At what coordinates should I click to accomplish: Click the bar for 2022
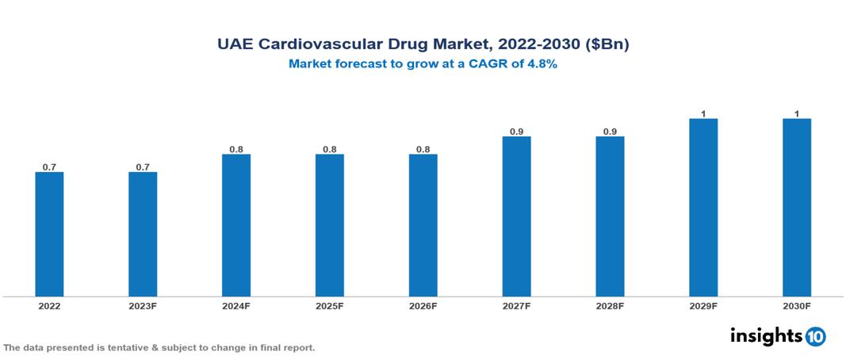pos(49,234)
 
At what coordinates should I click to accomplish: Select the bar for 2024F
pos(236,225)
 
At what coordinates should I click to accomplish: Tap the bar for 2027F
pos(517,216)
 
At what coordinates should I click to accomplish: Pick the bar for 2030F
pos(797,208)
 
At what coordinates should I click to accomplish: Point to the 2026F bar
pos(423,225)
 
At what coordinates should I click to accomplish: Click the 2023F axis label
pos(143,305)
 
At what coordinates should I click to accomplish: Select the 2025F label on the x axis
pos(330,305)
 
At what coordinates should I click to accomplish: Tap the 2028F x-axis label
pos(611,305)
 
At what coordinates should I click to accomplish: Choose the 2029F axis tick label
pos(703,305)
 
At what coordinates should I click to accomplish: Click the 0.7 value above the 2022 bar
pos(49,167)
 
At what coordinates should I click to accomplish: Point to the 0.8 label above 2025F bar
pos(330,149)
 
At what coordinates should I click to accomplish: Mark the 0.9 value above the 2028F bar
pos(611,131)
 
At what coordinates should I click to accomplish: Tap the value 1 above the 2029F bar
pos(703,113)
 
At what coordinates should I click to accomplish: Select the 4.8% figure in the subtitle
pos(542,64)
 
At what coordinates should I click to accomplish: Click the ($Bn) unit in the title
pos(607,45)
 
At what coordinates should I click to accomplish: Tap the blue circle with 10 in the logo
pos(815,336)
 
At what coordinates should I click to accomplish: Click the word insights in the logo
pos(766,335)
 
